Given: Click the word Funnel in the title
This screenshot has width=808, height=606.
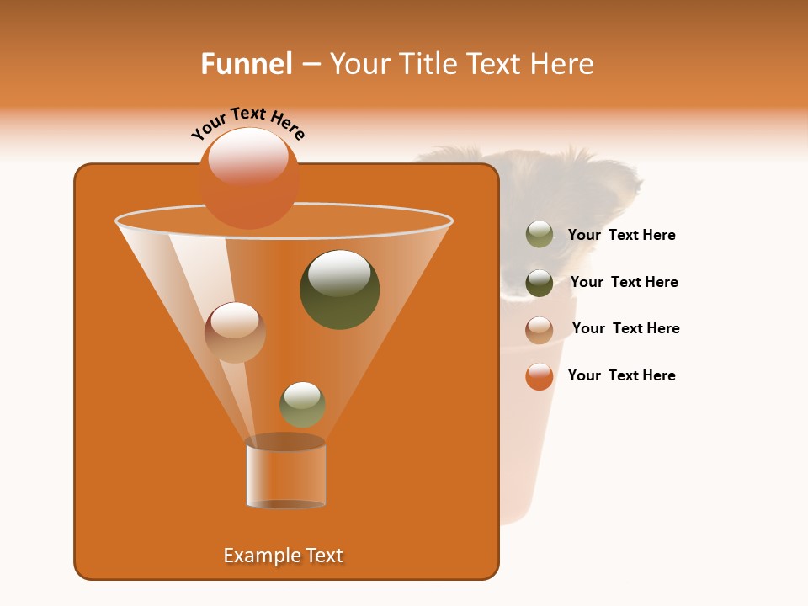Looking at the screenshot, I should [246, 64].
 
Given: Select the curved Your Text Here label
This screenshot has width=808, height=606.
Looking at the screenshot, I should [248, 123].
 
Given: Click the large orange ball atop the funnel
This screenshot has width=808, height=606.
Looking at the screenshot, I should [249, 178].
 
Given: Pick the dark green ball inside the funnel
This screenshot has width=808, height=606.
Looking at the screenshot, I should [339, 290].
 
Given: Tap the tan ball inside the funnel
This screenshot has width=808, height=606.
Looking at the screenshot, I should [235, 332].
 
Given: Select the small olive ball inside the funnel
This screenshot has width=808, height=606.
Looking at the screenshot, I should [302, 404].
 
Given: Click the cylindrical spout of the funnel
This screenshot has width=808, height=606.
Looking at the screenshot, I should [285, 473].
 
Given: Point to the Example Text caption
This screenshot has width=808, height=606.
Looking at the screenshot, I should [284, 555].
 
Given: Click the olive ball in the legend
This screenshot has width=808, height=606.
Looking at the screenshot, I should [540, 235].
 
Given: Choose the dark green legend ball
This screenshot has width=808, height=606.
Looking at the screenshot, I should [540, 283].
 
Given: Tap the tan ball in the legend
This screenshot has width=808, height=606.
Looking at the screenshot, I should [540, 329].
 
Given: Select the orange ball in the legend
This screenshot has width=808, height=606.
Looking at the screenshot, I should [540, 376].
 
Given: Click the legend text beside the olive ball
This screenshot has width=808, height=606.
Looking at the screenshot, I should [621, 236].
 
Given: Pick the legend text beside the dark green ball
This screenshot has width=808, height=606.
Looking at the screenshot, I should [624, 282].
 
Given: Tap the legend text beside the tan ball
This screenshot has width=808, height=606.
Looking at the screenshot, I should [625, 328].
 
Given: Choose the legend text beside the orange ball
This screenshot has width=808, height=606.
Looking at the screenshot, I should [621, 375].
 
